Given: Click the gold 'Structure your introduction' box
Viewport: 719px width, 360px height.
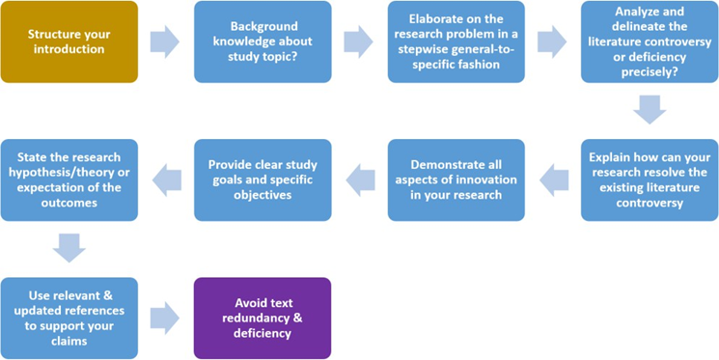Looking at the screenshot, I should (69, 42).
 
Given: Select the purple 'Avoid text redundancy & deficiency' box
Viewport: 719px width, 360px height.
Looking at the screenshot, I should (263, 318).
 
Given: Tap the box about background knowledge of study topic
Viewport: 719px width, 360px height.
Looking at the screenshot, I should (263, 42).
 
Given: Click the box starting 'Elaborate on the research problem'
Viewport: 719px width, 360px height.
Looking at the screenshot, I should (456, 42).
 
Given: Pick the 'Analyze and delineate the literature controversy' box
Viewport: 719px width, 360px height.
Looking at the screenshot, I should (649, 42).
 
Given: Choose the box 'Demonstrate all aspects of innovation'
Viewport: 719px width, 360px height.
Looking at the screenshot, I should (456, 180).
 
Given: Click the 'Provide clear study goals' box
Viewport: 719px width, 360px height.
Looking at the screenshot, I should (263, 180).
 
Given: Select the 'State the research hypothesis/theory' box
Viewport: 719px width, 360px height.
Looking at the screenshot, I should (69, 180).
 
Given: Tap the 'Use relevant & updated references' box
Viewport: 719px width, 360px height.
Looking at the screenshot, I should (69, 318).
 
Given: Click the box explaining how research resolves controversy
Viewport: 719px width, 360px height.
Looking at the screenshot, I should (649, 180).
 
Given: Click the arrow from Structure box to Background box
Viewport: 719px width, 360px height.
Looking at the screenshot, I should (165, 42).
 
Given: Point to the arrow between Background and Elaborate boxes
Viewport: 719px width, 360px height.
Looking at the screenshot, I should (358, 42).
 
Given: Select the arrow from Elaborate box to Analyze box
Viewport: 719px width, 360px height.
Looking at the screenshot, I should (551, 42).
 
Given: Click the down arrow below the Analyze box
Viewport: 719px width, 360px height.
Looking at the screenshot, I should (649, 110).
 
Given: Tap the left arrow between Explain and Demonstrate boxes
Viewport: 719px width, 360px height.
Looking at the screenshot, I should (553, 180).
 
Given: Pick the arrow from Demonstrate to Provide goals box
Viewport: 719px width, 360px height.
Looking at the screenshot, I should (360, 180).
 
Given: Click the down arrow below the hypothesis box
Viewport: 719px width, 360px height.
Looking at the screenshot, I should (69, 248).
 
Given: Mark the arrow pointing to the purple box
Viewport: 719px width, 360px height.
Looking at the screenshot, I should (165, 318).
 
